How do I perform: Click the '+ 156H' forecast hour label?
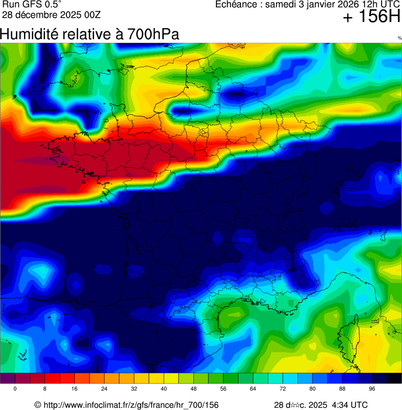[x=371, y=18]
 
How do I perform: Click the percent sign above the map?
[x=399, y=38]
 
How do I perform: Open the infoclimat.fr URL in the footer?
[x=131, y=405]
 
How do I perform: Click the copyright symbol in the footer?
[x=38, y=405]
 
